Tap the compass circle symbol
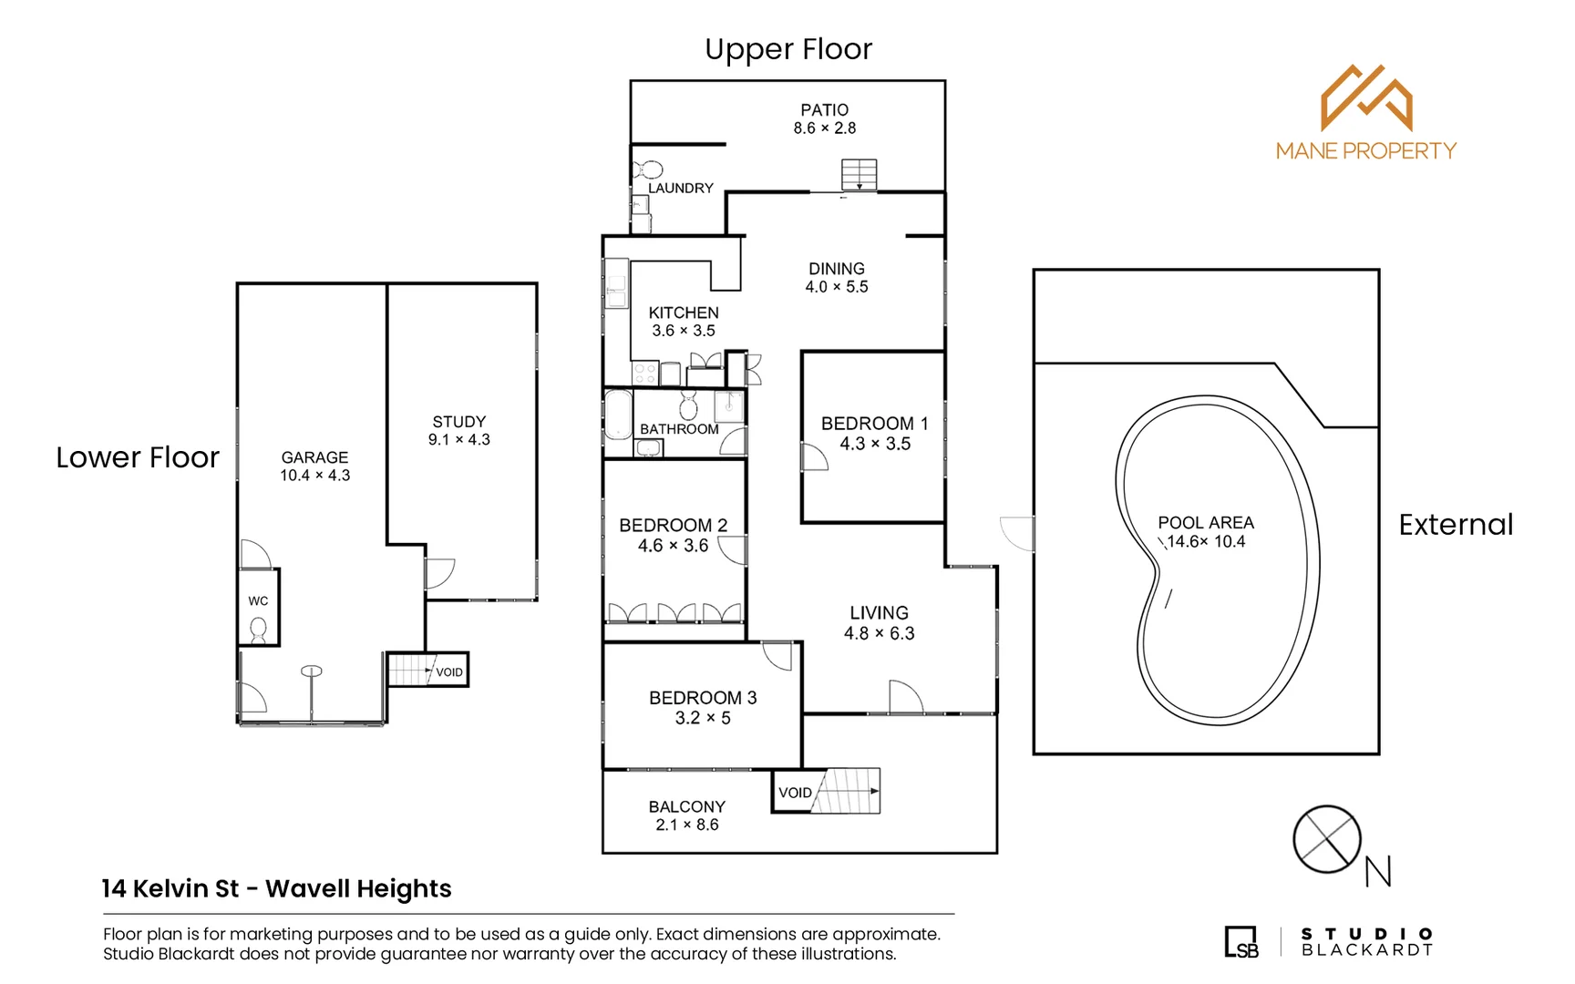[x=1326, y=839]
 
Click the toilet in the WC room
[x=259, y=629]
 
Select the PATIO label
[x=824, y=109]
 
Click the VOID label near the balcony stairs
[x=795, y=793]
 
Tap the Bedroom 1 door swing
[x=813, y=457]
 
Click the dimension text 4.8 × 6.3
[x=879, y=633]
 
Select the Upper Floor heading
[x=788, y=49]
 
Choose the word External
[x=1456, y=525]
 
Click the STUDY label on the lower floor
[x=458, y=422]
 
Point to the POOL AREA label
[x=1205, y=523]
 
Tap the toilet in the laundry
[x=649, y=169]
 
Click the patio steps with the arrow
[x=859, y=174]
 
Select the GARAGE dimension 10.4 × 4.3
[x=314, y=476]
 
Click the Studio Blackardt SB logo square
[x=1240, y=942]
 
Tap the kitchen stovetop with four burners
[x=644, y=374]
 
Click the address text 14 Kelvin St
[x=170, y=888]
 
